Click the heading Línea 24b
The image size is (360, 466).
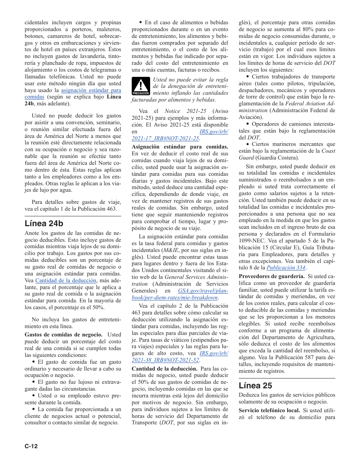(x=44, y=223)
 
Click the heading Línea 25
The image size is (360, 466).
(x=255, y=385)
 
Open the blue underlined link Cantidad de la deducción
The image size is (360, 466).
(x=66, y=280)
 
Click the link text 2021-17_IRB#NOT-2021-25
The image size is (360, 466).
(x=165, y=138)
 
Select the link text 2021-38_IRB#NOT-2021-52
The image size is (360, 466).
(x=165, y=360)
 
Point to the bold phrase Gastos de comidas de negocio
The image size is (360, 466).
(x=63, y=335)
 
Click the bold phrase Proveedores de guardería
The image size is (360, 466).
(x=272, y=276)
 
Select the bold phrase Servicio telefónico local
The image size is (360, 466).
(x=269, y=410)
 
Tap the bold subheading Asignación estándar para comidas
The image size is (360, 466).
(x=180, y=147)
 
